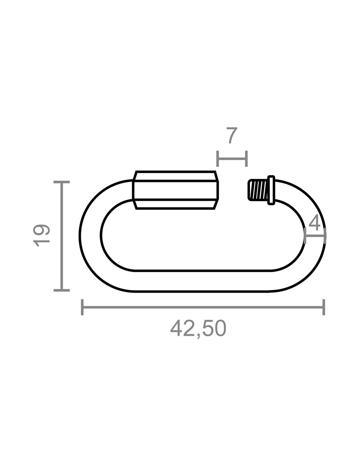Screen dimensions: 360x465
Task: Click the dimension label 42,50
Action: point(198,328)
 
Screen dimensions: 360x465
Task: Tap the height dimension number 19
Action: point(41,235)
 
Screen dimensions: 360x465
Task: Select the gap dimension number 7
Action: point(233,135)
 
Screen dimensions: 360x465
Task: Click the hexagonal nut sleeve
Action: point(176,190)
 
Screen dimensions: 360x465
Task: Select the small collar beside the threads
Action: point(271,190)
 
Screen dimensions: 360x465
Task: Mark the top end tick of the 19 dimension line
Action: point(62,182)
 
